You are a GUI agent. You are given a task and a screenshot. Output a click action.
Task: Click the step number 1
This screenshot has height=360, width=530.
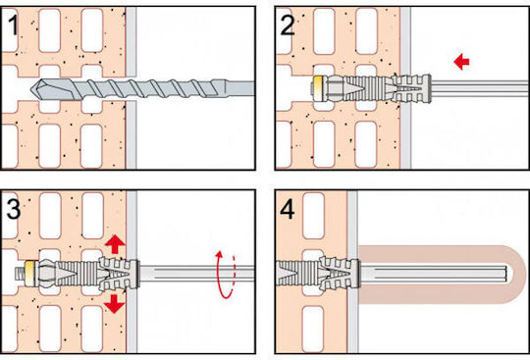[x=13, y=26]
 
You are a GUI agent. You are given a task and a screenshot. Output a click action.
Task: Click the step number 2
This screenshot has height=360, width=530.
[x=288, y=26]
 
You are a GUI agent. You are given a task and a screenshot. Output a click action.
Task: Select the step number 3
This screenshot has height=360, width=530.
[x=14, y=209]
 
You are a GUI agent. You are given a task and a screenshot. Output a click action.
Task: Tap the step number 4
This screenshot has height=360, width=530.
[x=288, y=209]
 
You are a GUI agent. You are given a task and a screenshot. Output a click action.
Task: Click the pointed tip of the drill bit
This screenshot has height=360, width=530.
[x=31, y=89]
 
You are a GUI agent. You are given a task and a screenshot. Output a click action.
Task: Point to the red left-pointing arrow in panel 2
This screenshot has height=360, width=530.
[x=461, y=62]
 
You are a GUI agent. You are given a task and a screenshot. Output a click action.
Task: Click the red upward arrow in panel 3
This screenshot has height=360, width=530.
[x=115, y=244]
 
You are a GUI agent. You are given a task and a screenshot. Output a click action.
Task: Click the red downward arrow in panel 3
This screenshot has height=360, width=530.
[x=114, y=303]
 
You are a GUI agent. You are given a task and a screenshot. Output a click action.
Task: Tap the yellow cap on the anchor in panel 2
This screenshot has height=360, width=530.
[x=317, y=89]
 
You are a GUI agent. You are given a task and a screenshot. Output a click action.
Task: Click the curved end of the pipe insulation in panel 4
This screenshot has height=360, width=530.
[x=514, y=275]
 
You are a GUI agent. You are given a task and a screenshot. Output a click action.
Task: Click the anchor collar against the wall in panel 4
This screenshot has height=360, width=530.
[x=355, y=274]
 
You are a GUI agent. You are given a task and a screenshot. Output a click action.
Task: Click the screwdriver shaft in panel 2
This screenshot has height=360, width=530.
[x=480, y=89]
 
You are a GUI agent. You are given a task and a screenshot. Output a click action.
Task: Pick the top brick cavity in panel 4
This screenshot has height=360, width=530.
[x=313, y=216]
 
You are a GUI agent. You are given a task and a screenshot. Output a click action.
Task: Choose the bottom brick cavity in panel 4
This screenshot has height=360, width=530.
[x=313, y=330]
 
